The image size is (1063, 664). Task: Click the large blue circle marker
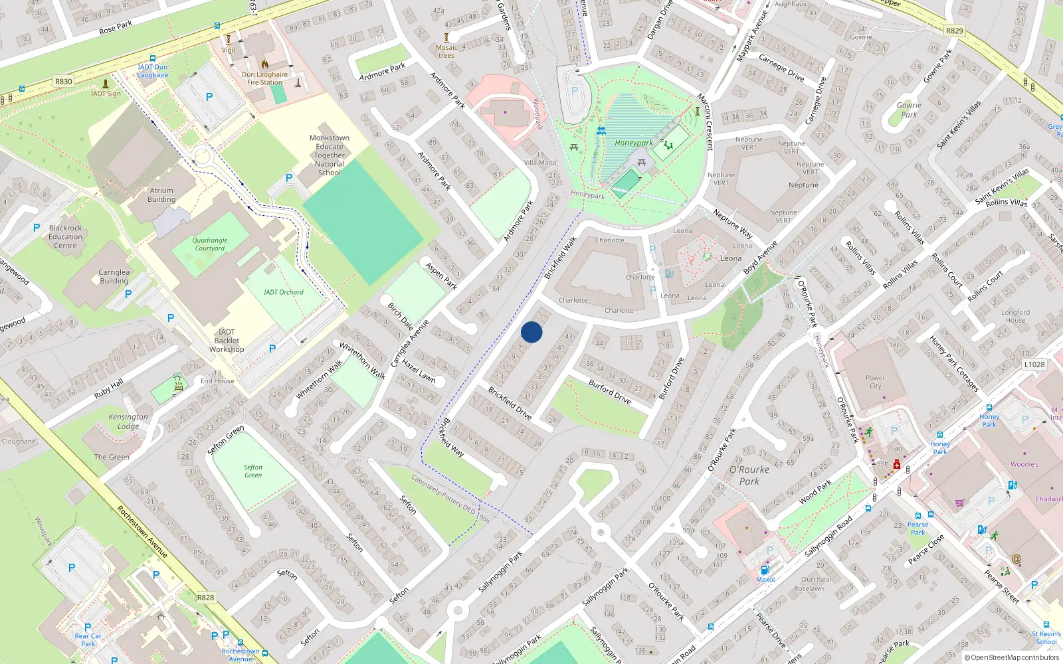(531, 332)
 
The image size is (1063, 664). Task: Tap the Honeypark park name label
(633, 143)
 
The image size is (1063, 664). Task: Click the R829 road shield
(954, 31)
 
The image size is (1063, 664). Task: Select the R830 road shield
(64, 81)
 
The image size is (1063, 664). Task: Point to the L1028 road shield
(1034, 364)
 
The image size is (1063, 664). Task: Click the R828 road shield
(205, 597)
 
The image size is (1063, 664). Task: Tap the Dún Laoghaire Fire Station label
(264, 78)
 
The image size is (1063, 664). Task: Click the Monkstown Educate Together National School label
(329, 155)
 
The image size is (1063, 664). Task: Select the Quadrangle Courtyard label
(210, 244)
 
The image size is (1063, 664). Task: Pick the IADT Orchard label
(283, 292)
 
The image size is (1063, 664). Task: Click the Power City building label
(875, 382)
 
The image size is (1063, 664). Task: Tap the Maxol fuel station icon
(765, 570)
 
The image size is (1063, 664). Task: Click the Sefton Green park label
(252, 471)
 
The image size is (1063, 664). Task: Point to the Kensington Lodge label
(128, 421)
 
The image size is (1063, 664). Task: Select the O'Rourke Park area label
(749, 475)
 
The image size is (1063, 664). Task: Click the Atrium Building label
(161, 195)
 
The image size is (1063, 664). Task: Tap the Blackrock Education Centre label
(65, 236)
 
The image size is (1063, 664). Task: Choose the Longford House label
(1015, 316)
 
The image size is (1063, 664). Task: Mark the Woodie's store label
(1024, 464)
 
